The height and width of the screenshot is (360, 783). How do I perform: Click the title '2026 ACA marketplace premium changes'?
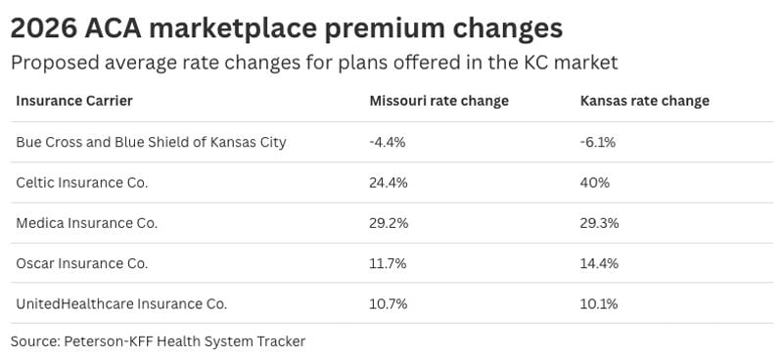click(287, 26)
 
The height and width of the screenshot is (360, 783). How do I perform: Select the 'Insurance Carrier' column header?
click(74, 101)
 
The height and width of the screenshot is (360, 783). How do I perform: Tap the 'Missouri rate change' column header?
click(438, 101)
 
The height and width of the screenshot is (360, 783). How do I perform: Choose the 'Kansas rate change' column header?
click(645, 101)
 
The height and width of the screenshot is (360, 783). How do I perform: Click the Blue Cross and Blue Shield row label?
click(151, 142)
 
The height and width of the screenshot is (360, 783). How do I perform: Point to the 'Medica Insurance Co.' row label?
click(86, 223)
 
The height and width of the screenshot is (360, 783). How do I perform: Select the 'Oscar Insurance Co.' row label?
click(81, 263)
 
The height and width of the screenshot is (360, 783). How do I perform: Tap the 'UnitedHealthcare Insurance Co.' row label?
click(121, 303)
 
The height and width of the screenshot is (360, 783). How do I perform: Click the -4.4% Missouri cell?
click(388, 142)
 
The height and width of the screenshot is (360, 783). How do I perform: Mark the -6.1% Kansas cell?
click(598, 142)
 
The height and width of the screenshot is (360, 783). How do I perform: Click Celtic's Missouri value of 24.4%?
click(389, 182)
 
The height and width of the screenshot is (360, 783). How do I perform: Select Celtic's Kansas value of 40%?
click(595, 182)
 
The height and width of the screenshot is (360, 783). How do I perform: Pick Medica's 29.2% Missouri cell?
click(389, 223)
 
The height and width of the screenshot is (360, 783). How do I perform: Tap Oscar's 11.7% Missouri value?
click(387, 263)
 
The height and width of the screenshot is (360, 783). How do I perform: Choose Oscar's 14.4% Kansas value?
click(599, 263)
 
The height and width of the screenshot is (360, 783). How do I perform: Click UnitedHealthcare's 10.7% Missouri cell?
click(388, 303)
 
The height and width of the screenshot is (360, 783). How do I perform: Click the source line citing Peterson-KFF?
click(159, 341)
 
